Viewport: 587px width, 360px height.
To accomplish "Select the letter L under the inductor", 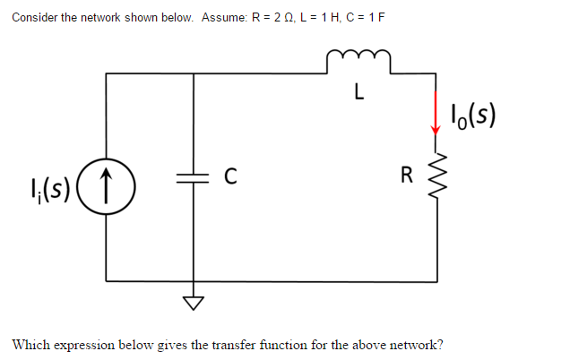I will pyautogui.click(x=358, y=90).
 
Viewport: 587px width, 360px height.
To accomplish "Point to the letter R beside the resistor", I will pyautogui.click(x=408, y=176).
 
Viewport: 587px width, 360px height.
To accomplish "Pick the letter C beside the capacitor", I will pyautogui.click(x=229, y=176).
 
